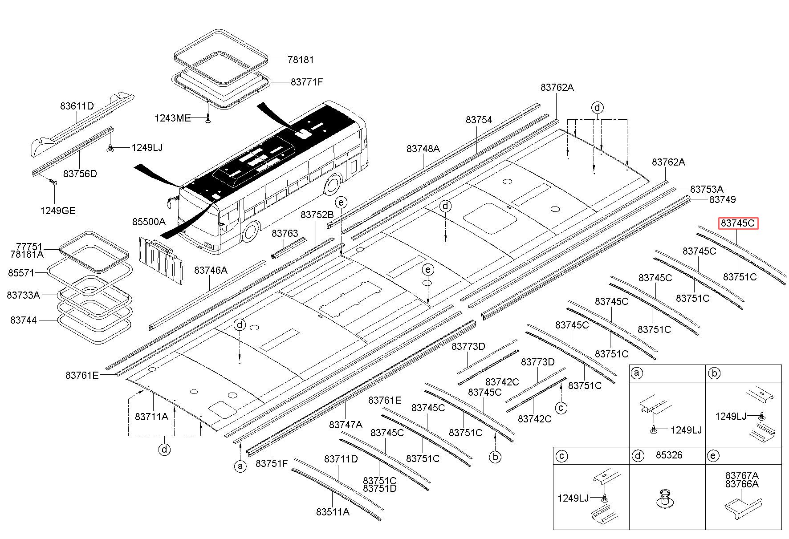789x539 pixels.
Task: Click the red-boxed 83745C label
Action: pyautogui.click(x=737, y=223)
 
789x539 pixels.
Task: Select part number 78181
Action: pyautogui.click(x=300, y=60)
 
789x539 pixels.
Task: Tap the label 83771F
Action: pyautogui.click(x=306, y=82)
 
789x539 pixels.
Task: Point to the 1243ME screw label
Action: pyautogui.click(x=172, y=118)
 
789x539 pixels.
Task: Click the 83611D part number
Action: pyautogui.click(x=77, y=106)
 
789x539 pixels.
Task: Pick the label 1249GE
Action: pyautogui.click(x=58, y=211)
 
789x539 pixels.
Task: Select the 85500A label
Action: pyautogui.click(x=148, y=222)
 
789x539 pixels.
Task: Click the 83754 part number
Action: pyautogui.click(x=479, y=120)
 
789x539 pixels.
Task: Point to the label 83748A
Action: pyautogui.click(x=423, y=149)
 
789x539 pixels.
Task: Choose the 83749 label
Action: pyautogui.click(x=722, y=199)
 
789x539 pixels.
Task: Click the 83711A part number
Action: pyautogui.click(x=151, y=417)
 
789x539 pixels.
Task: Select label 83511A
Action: pyautogui.click(x=333, y=512)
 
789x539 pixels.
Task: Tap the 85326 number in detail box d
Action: pyautogui.click(x=669, y=455)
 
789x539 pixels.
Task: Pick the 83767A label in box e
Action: pyautogui.click(x=741, y=475)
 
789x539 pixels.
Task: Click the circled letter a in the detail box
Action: pyautogui.click(x=638, y=373)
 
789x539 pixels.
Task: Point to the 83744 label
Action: pyautogui.click(x=24, y=320)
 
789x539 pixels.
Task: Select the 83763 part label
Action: pyautogui.click(x=285, y=234)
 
